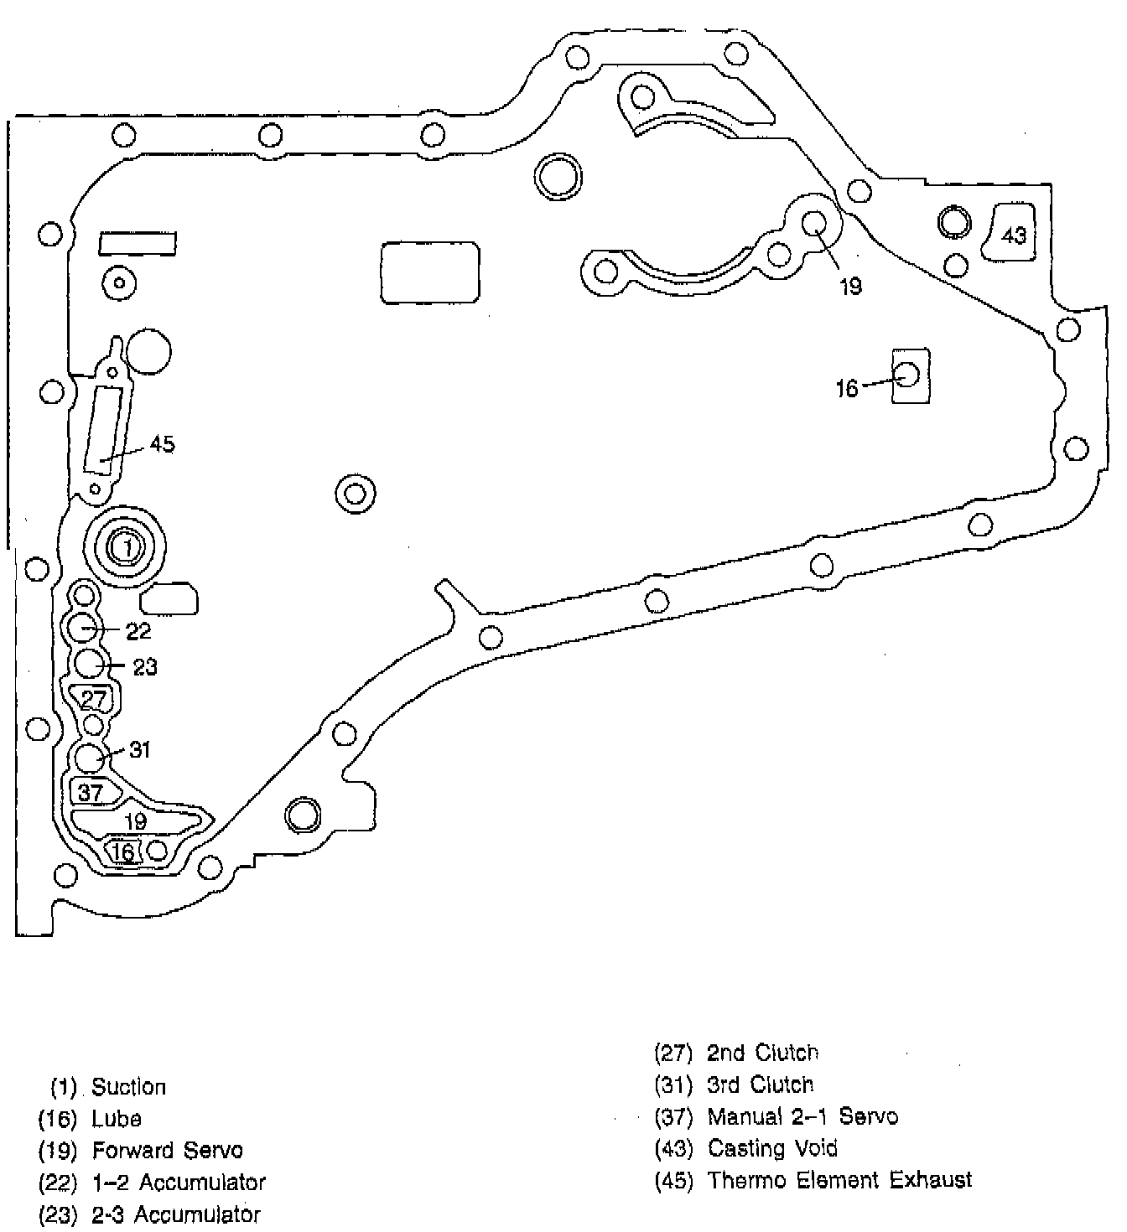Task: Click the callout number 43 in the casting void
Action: point(1013,236)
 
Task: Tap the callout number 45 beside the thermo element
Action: point(162,444)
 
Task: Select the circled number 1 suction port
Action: point(127,548)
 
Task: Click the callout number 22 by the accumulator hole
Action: point(138,631)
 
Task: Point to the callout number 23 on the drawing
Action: point(145,667)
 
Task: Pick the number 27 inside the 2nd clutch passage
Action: point(95,699)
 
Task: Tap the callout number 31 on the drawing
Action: point(140,749)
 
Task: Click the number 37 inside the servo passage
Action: point(91,792)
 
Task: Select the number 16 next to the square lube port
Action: point(847,388)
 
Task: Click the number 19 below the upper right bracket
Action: point(850,287)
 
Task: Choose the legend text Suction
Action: point(128,1087)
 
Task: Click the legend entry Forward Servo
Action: point(167,1151)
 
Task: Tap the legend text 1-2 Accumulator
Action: point(201,1183)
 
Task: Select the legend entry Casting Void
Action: point(772,1148)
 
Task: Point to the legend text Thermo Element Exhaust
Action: point(839,1180)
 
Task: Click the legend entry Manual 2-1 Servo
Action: point(802,1116)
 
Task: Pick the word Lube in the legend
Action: point(117,1119)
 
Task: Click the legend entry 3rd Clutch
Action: point(760,1084)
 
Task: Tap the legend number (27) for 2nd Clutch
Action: point(673,1053)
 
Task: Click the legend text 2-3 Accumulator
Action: point(198,1214)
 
